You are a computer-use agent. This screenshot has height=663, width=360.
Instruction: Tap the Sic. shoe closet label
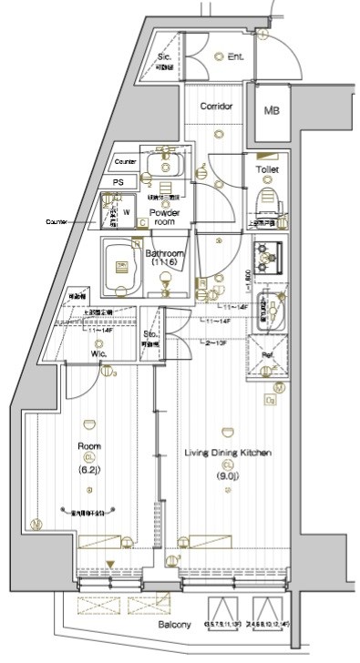[x=164, y=56]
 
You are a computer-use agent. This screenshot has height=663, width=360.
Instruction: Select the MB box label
[x=272, y=111]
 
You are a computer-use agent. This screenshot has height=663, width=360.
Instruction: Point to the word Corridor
[x=217, y=107]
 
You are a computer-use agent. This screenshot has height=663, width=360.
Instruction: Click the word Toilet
[x=267, y=169]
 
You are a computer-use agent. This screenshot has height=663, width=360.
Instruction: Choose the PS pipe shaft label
[x=118, y=182]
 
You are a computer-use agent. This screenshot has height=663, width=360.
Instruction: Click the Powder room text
[x=165, y=217]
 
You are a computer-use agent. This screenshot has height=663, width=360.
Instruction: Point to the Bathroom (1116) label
[x=166, y=259]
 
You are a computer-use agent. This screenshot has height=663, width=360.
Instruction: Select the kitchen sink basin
[x=271, y=315]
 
